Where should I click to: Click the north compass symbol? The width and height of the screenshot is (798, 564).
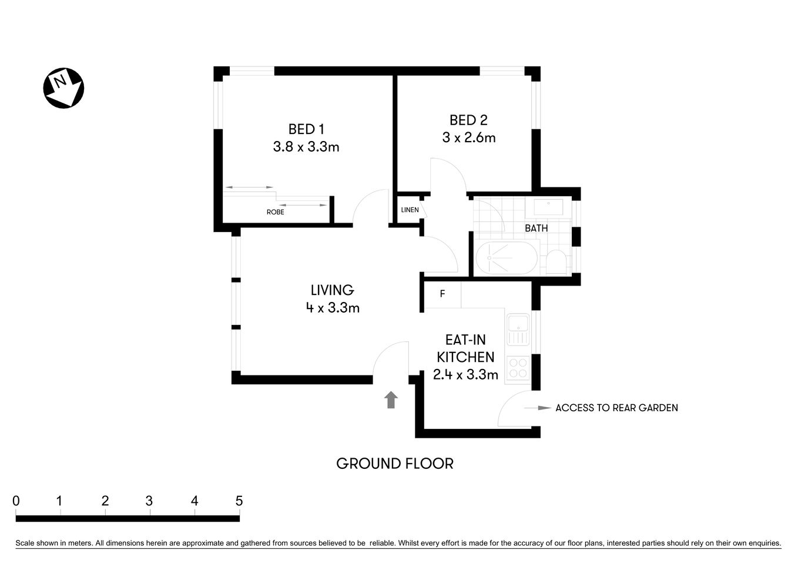tap(63, 89)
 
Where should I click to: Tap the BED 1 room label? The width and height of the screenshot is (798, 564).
tap(306, 129)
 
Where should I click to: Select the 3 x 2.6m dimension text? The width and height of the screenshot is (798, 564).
tap(468, 137)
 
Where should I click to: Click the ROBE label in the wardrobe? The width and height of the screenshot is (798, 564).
tap(275, 212)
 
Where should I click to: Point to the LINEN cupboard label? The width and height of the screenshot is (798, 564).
tap(410, 210)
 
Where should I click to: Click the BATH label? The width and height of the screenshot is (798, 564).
tap(536, 228)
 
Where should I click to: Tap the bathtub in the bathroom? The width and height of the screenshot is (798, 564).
tap(505, 258)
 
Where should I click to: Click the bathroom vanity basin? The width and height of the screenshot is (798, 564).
tap(548, 207)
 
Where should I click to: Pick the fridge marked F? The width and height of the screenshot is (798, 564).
tap(442, 294)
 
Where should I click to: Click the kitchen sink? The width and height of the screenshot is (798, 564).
tap(518, 329)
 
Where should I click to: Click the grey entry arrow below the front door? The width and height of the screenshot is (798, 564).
tap(391, 400)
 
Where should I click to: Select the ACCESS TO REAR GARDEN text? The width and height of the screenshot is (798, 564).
tap(616, 408)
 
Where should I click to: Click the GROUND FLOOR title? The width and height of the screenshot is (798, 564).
tap(394, 464)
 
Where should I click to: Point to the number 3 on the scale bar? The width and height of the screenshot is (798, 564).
tap(149, 501)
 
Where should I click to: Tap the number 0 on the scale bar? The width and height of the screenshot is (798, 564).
tap(16, 501)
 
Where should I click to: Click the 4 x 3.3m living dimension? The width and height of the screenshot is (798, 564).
tap(332, 307)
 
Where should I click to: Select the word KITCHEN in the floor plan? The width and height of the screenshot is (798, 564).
tap(465, 357)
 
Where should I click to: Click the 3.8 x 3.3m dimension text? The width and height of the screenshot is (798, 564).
tap(306, 147)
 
